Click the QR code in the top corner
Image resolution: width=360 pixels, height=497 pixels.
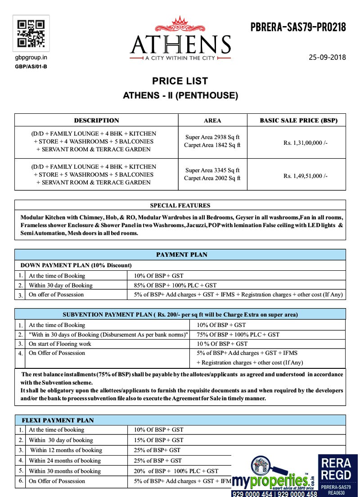[31, 34]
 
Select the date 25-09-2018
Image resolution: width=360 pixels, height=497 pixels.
[327, 57]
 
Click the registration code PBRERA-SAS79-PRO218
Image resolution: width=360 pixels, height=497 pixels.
[298, 28]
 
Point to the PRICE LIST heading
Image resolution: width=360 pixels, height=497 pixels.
[180, 81]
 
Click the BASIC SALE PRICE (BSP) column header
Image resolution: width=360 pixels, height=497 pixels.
[299, 120]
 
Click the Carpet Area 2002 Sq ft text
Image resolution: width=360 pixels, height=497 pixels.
[212, 178]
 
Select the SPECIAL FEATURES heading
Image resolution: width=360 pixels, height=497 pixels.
[180, 206]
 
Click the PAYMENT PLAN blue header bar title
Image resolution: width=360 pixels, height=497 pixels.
[182, 255]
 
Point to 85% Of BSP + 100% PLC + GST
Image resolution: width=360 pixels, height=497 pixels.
[175, 285]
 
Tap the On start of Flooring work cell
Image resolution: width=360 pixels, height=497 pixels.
[60, 344]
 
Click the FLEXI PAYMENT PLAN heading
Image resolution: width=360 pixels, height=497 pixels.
[58, 420]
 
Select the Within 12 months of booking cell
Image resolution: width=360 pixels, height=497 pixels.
[66, 450]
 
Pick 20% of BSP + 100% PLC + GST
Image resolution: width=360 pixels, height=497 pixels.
[176, 471]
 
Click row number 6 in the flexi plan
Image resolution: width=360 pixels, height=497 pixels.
[21, 481]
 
